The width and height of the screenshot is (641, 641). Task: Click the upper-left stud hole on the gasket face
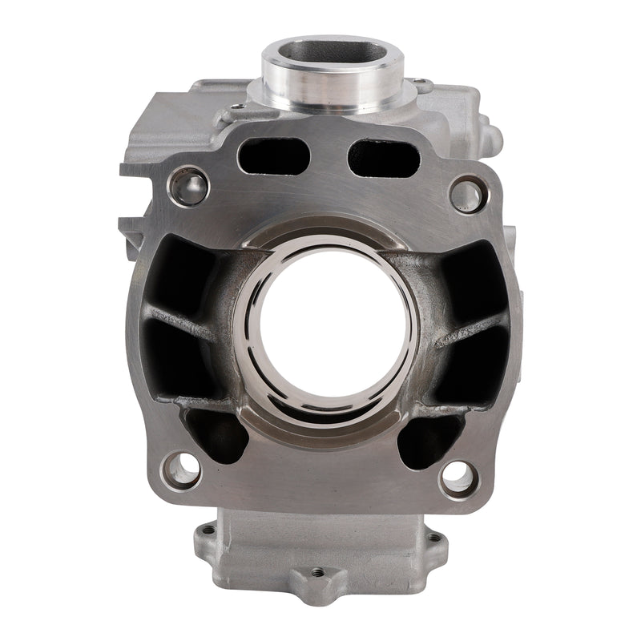click(x=189, y=186)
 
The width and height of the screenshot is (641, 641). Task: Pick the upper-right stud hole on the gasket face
click(x=467, y=195)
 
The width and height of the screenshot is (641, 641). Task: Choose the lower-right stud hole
click(x=458, y=475)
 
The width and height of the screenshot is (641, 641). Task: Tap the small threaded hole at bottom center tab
click(x=318, y=573)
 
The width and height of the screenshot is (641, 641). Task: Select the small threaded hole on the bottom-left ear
click(x=209, y=530)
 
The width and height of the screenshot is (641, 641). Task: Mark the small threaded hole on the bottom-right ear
click(x=433, y=538)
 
